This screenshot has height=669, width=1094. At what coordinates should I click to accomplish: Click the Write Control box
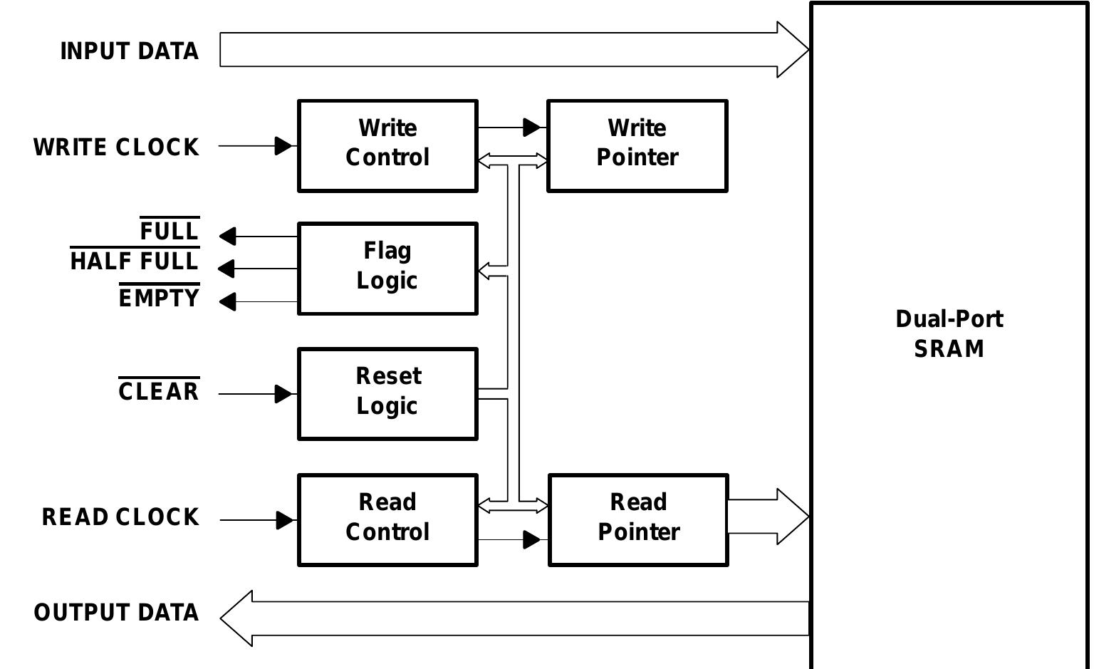click(387, 146)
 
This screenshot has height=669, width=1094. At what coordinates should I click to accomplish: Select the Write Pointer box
click(637, 146)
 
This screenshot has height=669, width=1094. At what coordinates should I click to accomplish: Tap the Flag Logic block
click(387, 269)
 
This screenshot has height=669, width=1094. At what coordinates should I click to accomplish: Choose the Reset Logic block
click(387, 394)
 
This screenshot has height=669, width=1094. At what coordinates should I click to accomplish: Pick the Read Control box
click(387, 520)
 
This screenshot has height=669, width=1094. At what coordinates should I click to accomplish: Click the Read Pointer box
click(638, 520)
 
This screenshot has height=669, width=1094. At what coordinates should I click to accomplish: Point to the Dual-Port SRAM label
click(949, 333)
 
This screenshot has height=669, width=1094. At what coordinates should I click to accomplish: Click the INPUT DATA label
click(129, 51)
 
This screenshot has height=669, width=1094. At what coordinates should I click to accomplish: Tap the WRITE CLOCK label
click(116, 147)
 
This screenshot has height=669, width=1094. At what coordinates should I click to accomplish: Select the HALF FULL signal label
click(134, 261)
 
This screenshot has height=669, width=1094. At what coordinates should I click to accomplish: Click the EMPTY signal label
click(159, 298)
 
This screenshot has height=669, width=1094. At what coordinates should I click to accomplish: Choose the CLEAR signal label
click(158, 392)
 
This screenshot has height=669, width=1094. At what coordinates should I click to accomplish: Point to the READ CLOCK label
click(120, 517)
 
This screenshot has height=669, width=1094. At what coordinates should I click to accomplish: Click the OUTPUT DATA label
click(116, 613)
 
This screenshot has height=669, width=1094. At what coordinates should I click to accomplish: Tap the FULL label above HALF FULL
click(169, 232)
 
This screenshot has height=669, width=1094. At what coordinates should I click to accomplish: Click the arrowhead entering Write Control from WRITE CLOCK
click(283, 146)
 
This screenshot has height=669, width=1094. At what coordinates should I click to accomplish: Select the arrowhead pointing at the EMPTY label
click(228, 301)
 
